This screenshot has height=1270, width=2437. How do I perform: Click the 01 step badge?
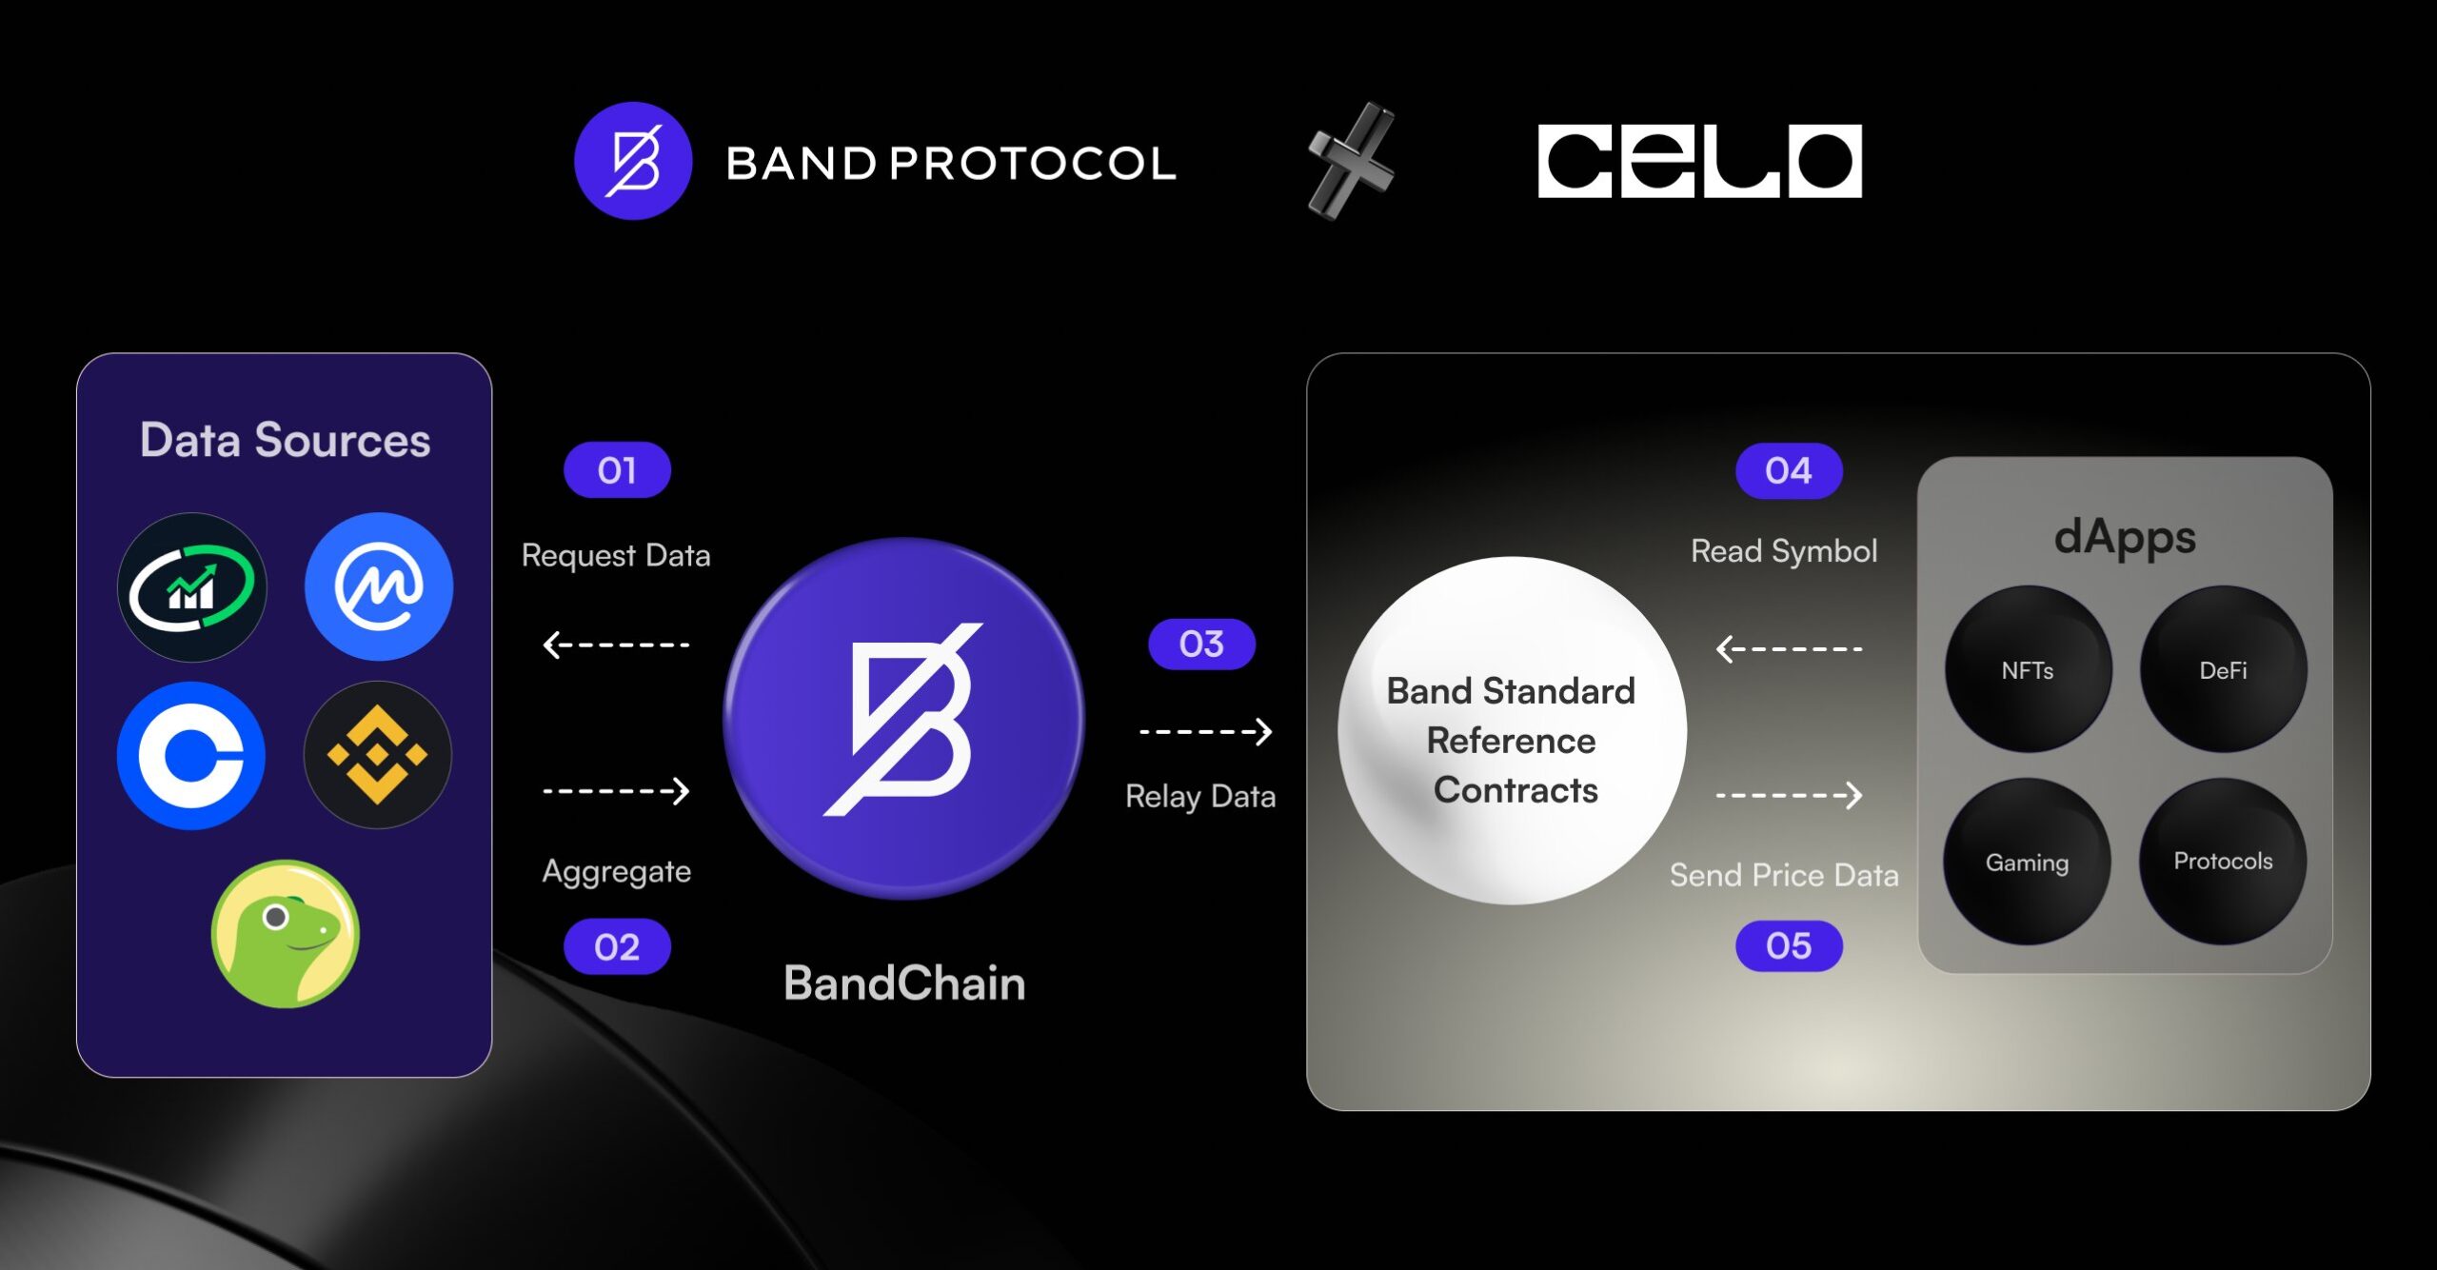[x=617, y=469]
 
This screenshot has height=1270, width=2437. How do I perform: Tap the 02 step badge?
[x=617, y=946]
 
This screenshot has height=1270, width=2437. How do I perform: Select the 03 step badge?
[x=1201, y=644]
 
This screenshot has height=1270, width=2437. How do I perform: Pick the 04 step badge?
[x=1789, y=470]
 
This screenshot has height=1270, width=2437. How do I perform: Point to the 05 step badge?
[x=1789, y=945]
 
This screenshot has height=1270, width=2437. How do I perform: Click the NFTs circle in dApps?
[x=2028, y=669]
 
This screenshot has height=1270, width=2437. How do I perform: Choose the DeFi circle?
[x=2223, y=669]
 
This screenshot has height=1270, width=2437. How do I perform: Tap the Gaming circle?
[x=2027, y=862]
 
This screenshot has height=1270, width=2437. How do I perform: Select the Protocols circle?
[x=2223, y=862]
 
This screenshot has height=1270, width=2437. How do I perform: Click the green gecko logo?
[x=285, y=934]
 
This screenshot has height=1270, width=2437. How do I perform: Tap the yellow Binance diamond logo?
[x=378, y=755]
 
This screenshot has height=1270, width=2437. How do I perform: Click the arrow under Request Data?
[x=616, y=645]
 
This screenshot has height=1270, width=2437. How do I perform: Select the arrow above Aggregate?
[x=616, y=790]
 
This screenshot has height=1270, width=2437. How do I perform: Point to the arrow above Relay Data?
[x=1205, y=731]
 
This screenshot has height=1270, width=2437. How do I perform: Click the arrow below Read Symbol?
[x=1789, y=649]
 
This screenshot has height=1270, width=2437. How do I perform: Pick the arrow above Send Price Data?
[x=1789, y=795]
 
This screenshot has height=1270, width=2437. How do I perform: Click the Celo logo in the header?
[x=1699, y=161]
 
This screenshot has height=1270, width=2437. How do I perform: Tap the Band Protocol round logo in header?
[x=633, y=161]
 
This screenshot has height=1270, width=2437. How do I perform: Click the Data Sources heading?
[x=285, y=440]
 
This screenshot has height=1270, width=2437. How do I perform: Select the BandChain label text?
[x=904, y=982]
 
